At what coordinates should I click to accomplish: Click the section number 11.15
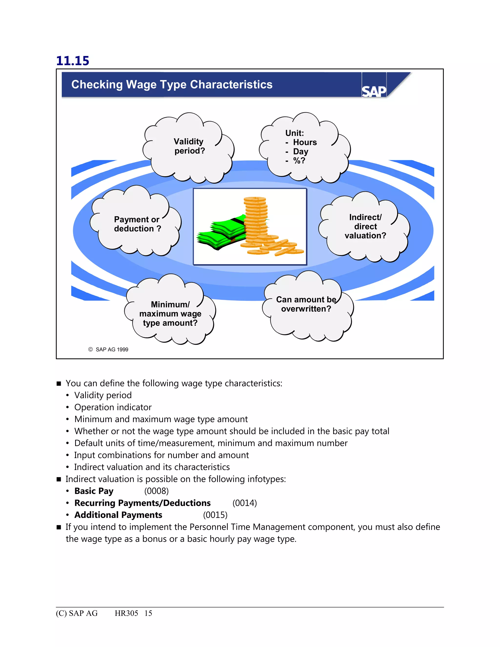click(x=73, y=61)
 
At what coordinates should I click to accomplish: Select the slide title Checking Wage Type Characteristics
click(x=172, y=85)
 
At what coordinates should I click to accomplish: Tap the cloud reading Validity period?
click(x=189, y=146)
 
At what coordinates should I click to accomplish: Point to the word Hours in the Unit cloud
click(x=305, y=143)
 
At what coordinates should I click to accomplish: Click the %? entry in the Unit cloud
click(x=299, y=161)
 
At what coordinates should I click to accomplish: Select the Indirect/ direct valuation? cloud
click(x=365, y=226)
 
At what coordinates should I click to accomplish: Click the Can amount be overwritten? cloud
click(x=306, y=304)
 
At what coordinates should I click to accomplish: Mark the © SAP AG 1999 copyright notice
click(x=108, y=350)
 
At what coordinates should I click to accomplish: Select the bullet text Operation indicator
click(x=113, y=407)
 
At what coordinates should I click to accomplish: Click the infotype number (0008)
click(x=156, y=491)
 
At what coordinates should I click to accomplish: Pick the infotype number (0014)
click(x=245, y=503)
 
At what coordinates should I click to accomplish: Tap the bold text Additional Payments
click(x=118, y=515)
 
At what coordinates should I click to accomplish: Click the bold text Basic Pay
click(x=94, y=491)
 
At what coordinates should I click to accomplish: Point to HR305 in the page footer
click(x=126, y=613)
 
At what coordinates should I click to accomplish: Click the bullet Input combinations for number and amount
click(x=161, y=455)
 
